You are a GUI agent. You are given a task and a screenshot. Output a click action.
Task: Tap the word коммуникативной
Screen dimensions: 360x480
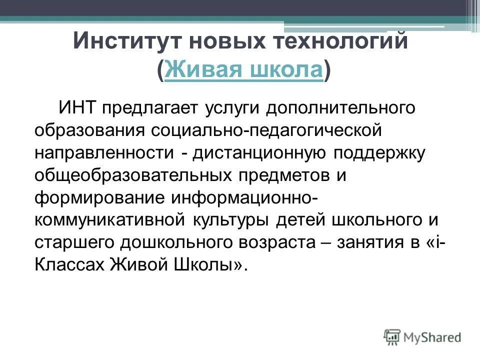pos(109,219)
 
